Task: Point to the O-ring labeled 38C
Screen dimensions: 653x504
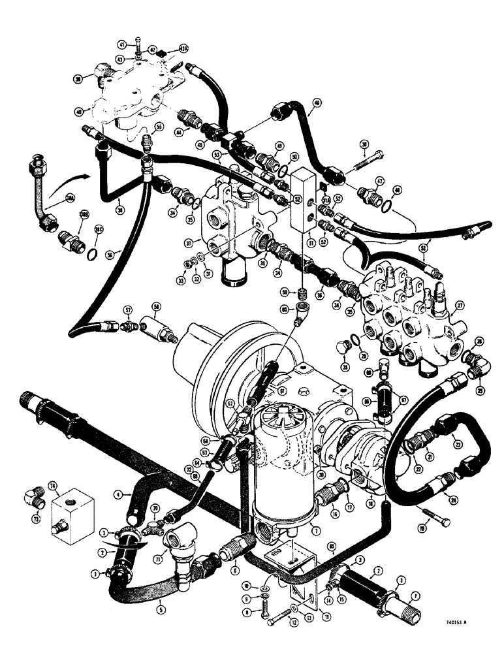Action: (x=92, y=253)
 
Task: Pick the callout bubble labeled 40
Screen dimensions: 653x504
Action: (x=79, y=112)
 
